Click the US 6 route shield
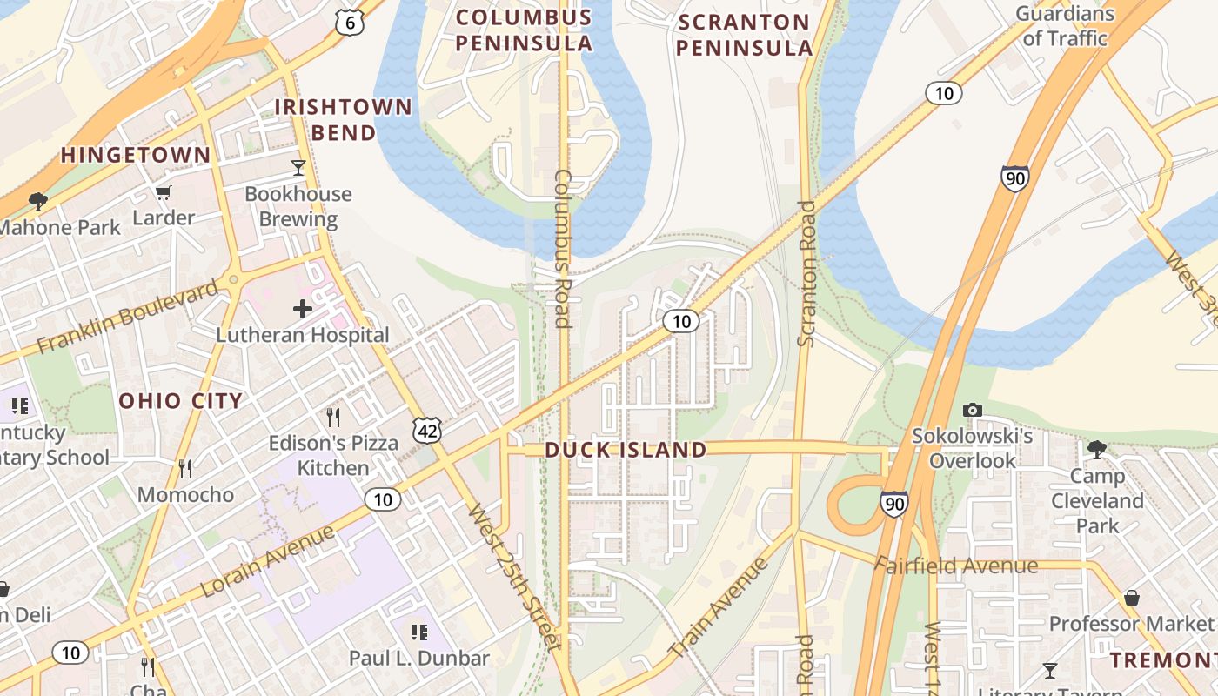pos(349,23)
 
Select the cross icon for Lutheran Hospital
pos(302,309)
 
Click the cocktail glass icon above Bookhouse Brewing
pos(298,167)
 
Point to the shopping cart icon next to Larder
pos(163,192)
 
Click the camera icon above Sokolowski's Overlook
pos(972,410)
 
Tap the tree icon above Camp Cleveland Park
pos(1097,449)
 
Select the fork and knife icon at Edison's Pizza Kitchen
pos(332,418)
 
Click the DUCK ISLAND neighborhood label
pos(626,450)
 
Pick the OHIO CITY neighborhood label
pos(180,401)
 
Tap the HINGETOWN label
pos(135,156)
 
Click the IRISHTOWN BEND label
pos(343,120)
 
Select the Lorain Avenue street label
pos(267,561)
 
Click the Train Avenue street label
pos(719,607)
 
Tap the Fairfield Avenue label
pos(956,566)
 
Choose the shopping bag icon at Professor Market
pos(1132,598)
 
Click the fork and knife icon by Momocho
pos(185,470)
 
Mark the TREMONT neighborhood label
pos(1162,660)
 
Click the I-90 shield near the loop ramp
pos(893,503)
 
